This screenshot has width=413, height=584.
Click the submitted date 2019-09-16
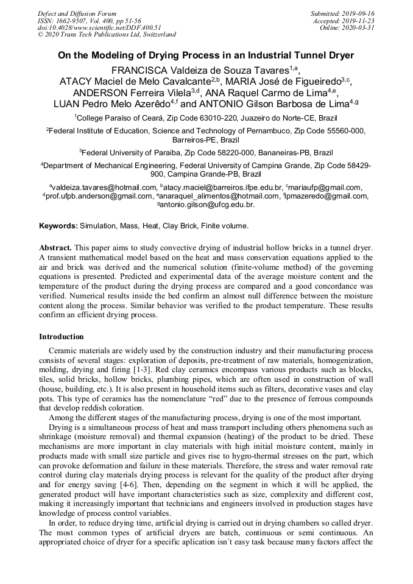(359, 13)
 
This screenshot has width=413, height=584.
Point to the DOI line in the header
(99, 27)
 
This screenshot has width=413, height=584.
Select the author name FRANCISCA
(141, 70)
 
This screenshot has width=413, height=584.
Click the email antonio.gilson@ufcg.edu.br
(208, 205)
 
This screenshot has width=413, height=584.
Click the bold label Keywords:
(58, 226)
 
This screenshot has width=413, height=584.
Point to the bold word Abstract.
(55, 248)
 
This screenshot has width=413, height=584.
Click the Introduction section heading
(62, 337)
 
